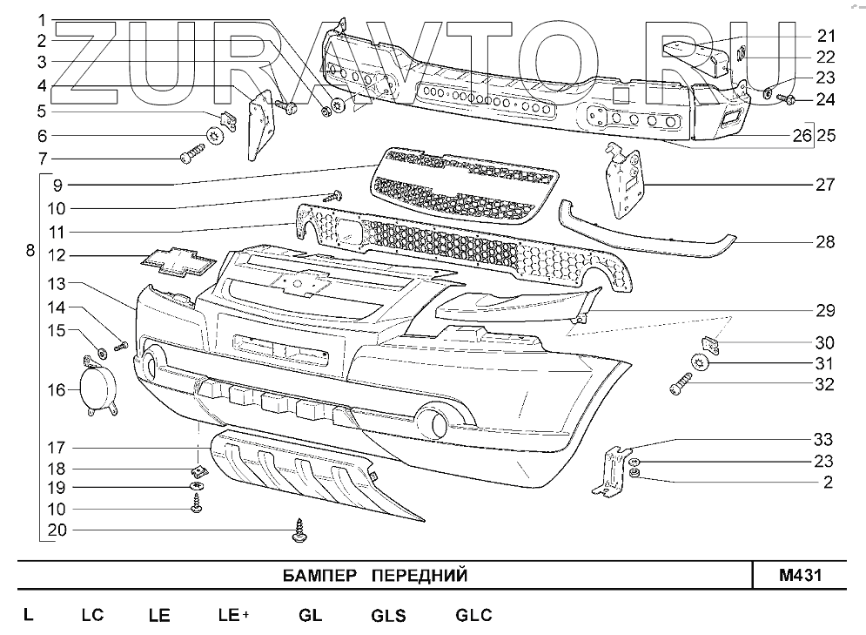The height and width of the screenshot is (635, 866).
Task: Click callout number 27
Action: [x=824, y=185]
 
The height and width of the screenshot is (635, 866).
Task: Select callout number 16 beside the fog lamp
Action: [x=56, y=389]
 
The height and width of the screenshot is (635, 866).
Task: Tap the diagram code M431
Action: [x=800, y=576]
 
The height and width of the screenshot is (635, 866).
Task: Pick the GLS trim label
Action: [x=388, y=615]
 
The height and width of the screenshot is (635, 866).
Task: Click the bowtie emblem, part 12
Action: [x=177, y=260]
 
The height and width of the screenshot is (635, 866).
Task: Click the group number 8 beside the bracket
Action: [x=30, y=251]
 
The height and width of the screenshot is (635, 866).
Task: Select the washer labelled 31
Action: [x=699, y=362]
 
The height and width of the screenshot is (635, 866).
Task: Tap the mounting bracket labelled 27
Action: [x=626, y=180]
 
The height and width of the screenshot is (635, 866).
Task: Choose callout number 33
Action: [x=824, y=438]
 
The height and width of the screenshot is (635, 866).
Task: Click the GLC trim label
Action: [x=473, y=615]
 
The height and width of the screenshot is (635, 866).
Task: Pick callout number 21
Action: [x=824, y=36]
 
